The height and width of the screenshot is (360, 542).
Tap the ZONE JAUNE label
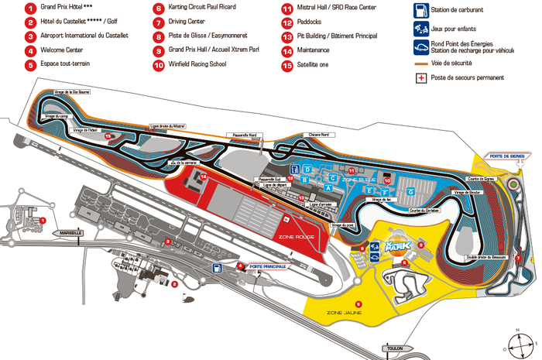(x=345, y=313)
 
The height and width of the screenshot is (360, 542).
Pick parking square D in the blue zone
(x=307, y=169)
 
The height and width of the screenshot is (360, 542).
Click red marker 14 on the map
(x=203, y=177)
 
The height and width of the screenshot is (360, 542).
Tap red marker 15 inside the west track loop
(x=108, y=136)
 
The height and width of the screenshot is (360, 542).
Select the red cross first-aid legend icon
(x=421, y=77)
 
